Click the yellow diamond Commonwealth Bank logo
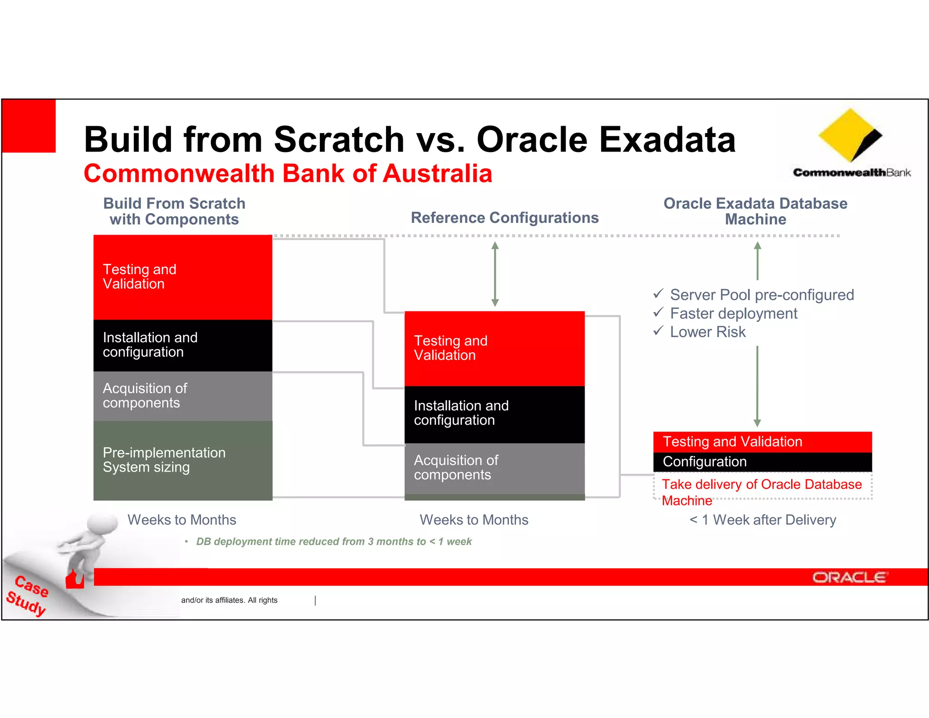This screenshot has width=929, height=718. coord(849,135)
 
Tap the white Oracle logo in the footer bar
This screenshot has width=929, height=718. coord(849,577)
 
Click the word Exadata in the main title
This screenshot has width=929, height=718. coord(667,139)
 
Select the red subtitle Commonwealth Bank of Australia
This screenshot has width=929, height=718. coord(288,174)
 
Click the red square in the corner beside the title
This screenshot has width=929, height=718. coord(29,126)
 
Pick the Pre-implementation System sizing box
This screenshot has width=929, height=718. coord(182,460)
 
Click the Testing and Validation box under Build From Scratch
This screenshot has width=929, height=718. coord(182,277)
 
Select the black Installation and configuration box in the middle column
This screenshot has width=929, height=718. coord(494,413)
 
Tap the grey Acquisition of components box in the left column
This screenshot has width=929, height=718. coord(182,396)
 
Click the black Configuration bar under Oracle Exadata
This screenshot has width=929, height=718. coord(762,462)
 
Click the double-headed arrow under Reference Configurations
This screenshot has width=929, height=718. coord(495,274)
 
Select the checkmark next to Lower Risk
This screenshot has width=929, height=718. coord(658,331)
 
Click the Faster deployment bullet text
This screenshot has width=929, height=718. coord(733,314)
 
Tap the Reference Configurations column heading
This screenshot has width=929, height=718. coord(504,218)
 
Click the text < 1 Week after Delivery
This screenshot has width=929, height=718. coord(763,520)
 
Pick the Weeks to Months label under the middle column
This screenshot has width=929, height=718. coord(474,520)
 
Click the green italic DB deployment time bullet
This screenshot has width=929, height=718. coord(333,541)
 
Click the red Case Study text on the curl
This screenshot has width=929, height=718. coord(28,595)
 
